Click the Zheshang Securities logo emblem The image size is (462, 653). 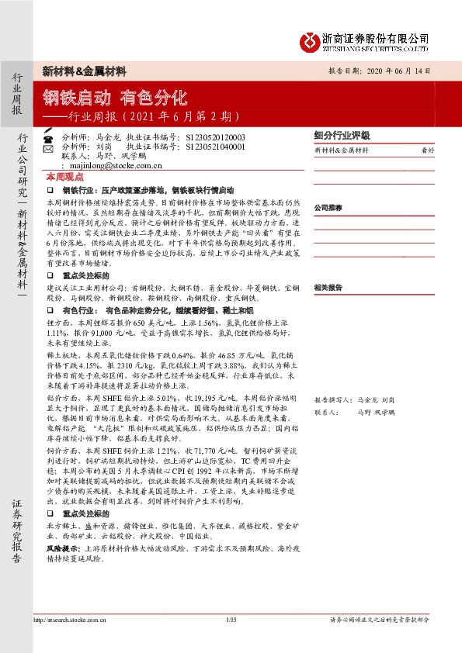tap(310, 41)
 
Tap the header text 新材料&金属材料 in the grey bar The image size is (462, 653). tap(84, 71)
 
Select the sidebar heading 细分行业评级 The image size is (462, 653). tap(342, 135)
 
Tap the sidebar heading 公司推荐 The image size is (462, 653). tap(328, 208)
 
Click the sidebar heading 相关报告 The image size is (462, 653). tap(328, 287)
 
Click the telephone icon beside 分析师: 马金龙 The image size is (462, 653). tap(49, 136)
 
